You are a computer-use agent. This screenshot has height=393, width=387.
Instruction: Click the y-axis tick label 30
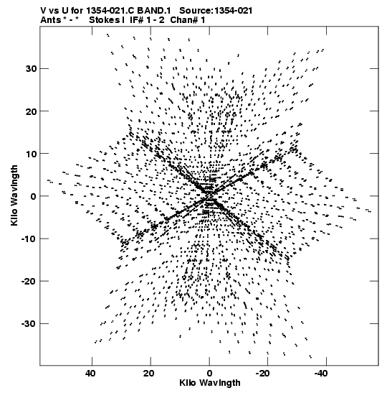(31, 68)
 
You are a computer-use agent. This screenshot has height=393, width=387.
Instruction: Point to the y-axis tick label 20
(31, 111)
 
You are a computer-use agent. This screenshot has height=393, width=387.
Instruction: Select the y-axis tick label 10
(31, 153)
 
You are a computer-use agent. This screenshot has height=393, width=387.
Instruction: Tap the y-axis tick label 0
(33, 196)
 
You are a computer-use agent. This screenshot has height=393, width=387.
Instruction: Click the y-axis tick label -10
(29, 239)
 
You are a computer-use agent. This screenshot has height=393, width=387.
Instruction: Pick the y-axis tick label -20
(29, 281)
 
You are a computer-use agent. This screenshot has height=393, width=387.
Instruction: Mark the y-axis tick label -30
(29, 323)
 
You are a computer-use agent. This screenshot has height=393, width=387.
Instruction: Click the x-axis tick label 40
(90, 374)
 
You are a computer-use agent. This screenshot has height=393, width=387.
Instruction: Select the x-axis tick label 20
(149, 374)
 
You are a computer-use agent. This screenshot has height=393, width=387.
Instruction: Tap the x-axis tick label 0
(209, 374)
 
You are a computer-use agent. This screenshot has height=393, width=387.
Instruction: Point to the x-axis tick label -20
(262, 374)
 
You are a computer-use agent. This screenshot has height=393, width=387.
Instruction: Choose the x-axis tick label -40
(321, 374)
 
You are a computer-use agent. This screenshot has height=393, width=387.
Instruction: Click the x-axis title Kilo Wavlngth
(210, 383)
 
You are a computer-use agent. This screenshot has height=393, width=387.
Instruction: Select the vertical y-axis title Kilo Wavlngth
(14, 195)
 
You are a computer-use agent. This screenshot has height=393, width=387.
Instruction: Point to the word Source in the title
(196, 11)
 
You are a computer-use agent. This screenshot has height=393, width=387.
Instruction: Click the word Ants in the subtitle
(50, 20)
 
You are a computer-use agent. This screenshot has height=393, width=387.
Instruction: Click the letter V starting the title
(44, 11)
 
